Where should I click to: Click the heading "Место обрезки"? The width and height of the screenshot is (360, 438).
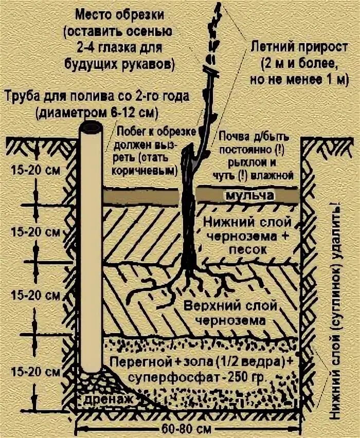(x=120, y=12)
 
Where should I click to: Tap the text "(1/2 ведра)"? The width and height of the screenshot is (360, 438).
(x=244, y=360)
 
